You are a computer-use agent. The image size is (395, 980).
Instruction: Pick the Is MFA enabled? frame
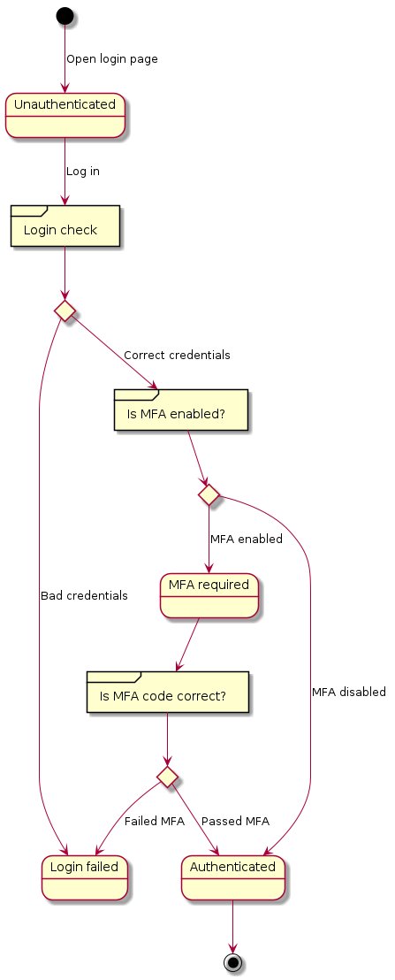coord(181,410)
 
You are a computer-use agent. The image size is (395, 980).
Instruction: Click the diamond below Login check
coord(65,310)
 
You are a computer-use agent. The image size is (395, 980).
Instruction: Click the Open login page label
coord(112,58)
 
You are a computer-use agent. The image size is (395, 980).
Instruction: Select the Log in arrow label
coord(83,171)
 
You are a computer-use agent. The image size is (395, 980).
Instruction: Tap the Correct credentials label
coord(177,355)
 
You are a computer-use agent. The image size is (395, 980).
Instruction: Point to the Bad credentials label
coord(84,595)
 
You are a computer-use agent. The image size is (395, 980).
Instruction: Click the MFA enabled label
coord(246,539)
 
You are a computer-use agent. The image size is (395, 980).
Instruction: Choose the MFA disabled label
coord(349,692)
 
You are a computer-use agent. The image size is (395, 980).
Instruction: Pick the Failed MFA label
coord(154,821)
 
